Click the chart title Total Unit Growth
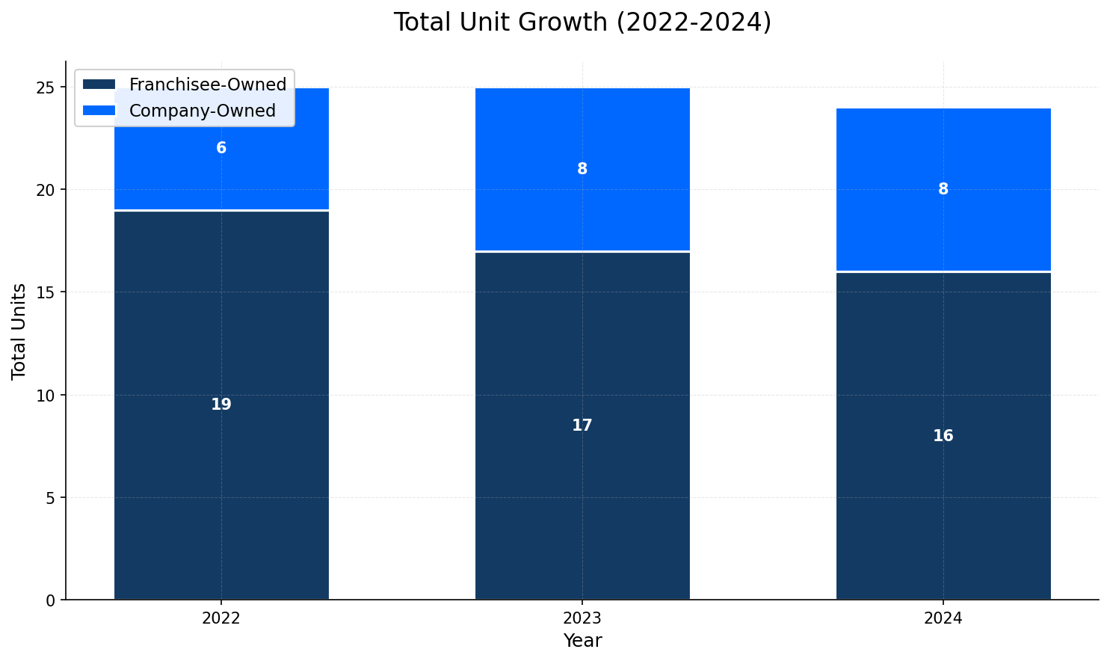tap(582, 22)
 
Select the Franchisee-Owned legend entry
tap(207, 84)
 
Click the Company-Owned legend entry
tap(202, 111)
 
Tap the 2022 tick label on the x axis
tap(221, 619)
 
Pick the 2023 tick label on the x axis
tap(582, 619)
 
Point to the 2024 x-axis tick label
tap(943, 619)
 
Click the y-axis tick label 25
tap(46, 87)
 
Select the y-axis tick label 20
tap(46, 190)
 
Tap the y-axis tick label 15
tap(46, 292)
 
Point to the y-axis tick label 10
tap(46, 395)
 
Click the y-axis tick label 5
tap(50, 498)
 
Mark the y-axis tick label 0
tap(50, 600)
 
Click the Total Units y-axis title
tap(19, 330)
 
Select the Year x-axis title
tap(582, 642)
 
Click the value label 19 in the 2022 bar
tap(221, 405)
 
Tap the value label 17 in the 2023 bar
tap(582, 425)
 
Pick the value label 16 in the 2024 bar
tap(943, 436)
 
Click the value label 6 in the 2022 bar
tap(221, 149)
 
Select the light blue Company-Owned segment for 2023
tap(582, 202)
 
